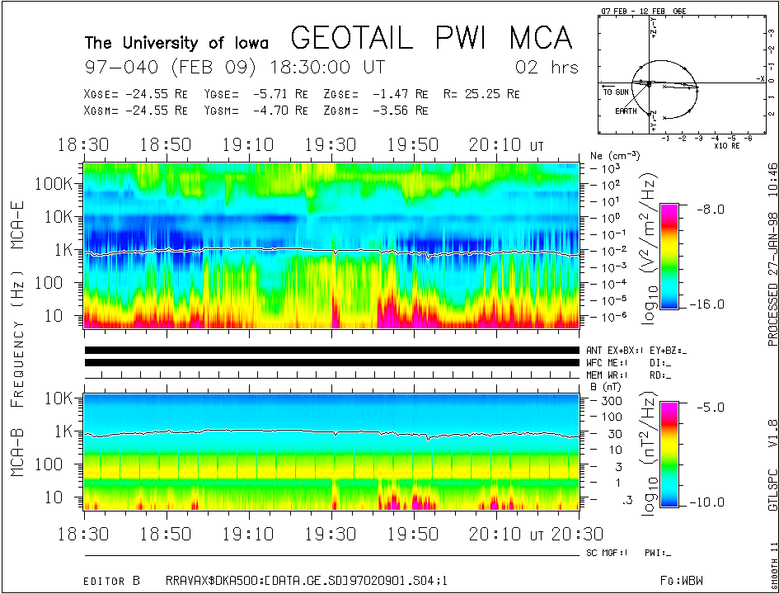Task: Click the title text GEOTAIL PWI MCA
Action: coord(431,38)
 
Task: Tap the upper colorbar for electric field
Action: coord(669,256)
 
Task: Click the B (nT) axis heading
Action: coord(605,385)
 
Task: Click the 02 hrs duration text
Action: coord(547,67)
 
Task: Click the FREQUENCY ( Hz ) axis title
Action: coord(18,322)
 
